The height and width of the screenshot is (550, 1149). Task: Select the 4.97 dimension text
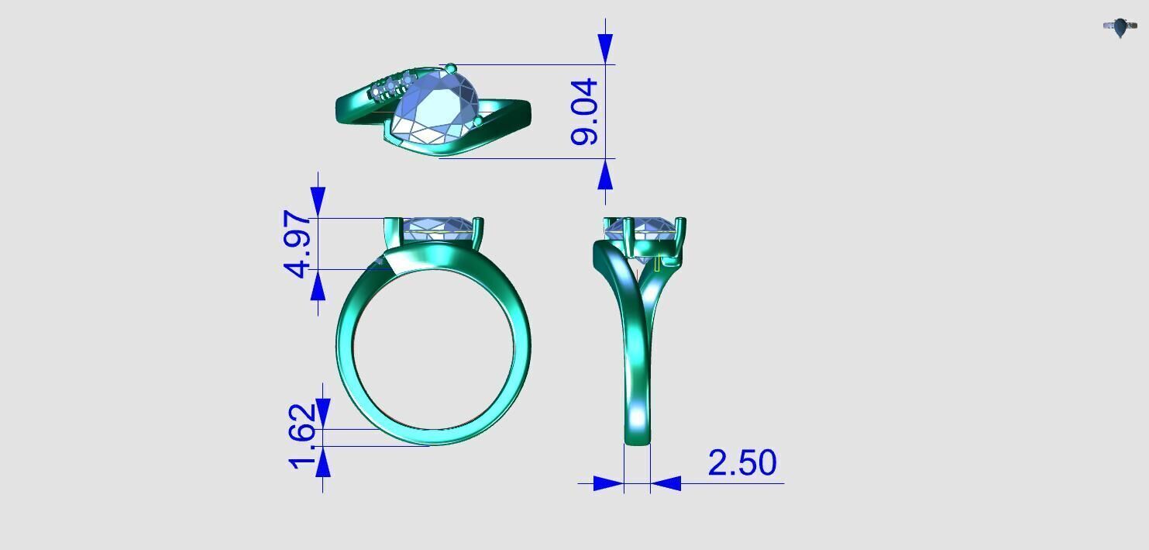[x=299, y=243]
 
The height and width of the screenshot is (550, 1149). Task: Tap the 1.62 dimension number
[x=304, y=435]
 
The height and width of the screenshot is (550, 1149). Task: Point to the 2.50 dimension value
[x=741, y=463]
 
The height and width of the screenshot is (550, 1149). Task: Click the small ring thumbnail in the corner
[x=1120, y=28]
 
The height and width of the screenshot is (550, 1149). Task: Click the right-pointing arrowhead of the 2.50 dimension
[x=608, y=483]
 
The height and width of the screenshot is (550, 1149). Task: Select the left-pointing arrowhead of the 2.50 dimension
[x=666, y=483]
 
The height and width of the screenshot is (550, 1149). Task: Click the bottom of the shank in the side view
[x=637, y=439]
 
